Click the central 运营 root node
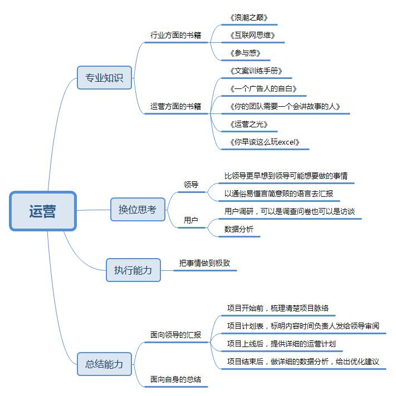click(x=43, y=211)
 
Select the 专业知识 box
click(x=104, y=77)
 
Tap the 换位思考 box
click(x=138, y=210)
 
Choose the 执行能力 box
click(x=133, y=270)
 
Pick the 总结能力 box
click(x=104, y=364)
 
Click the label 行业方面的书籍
click(x=175, y=35)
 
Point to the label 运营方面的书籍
click(x=175, y=106)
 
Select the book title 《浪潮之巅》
click(x=249, y=17)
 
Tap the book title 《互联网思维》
click(x=252, y=35)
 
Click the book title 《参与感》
click(x=245, y=53)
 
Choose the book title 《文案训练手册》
click(x=256, y=71)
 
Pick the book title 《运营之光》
click(x=249, y=124)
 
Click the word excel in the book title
click(x=286, y=142)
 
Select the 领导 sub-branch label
click(x=191, y=185)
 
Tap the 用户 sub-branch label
click(x=191, y=220)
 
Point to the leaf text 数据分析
click(x=239, y=229)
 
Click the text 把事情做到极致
click(x=204, y=263)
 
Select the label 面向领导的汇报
click(x=175, y=335)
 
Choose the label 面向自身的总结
click(x=175, y=379)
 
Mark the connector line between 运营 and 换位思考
click(x=94, y=210)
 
